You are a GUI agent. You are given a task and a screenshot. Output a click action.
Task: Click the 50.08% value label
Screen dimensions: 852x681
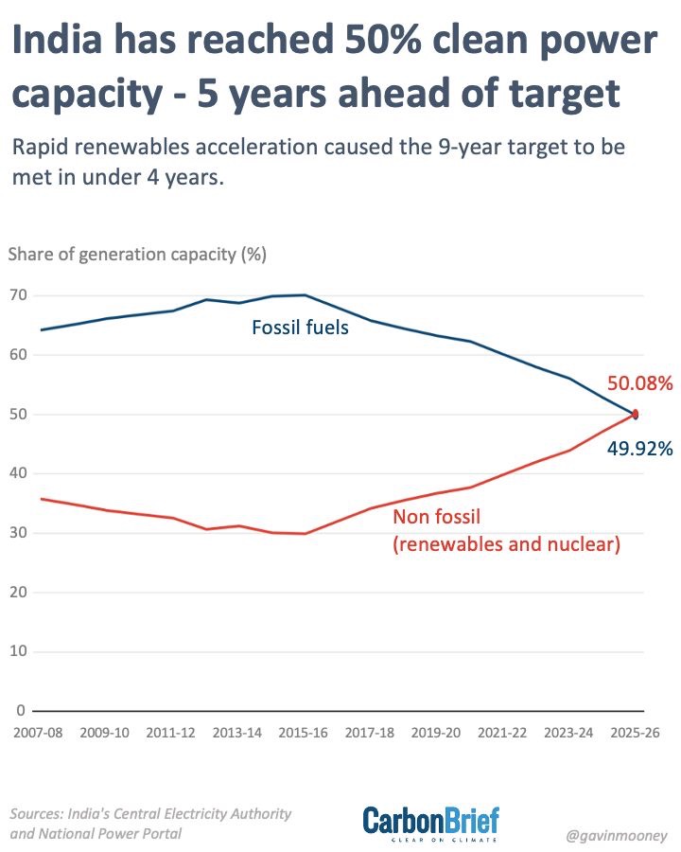(x=639, y=383)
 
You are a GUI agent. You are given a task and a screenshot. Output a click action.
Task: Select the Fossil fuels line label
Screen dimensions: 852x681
(x=301, y=328)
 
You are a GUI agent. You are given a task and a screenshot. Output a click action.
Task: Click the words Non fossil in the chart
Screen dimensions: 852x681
(x=437, y=517)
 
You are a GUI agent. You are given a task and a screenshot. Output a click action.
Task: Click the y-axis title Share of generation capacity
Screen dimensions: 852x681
(x=137, y=254)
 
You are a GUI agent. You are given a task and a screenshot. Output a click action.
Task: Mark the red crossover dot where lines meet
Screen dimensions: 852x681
(x=636, y=414)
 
